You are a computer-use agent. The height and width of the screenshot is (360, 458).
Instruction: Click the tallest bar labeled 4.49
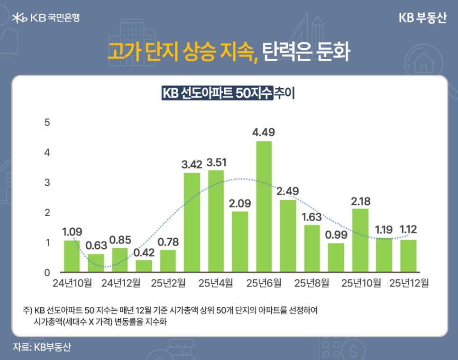(x=264, y=207)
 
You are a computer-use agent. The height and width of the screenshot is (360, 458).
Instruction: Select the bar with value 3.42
(x=192, y=223)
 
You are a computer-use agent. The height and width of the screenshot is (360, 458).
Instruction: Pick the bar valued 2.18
(x=360, y=241)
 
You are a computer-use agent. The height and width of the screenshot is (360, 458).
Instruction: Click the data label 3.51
(x=216, y=162)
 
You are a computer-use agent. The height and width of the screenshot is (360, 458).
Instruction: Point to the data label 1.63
(x=311, y=217)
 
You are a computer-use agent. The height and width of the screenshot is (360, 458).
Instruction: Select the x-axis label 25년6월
(x=264, y=283)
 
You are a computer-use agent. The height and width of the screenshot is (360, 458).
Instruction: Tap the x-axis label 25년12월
(x=409, y=283)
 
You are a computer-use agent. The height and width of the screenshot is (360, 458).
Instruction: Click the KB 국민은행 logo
(x=46, y=18)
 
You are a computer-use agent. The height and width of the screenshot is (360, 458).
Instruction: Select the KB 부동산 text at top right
(x=422, y=18)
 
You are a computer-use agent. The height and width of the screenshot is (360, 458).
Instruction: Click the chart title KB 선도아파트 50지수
(x=217, y=93)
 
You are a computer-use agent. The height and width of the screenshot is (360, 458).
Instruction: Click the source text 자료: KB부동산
(x=42, y=347)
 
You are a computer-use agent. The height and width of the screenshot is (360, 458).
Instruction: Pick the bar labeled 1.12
(x=408, y=256)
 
